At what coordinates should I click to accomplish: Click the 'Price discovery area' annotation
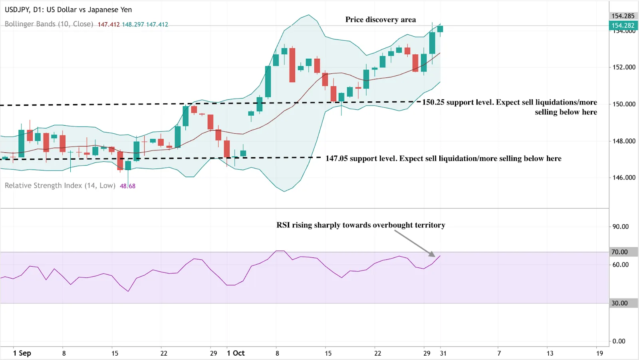pyautogui.click(x=380, y=20)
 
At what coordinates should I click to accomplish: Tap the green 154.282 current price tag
pyautogui.click(x=623, y=26)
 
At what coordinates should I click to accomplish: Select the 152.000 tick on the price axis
pyautogui.click(x=624, y=67)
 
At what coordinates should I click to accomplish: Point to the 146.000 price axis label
pyautogui.click(x=624, y=178)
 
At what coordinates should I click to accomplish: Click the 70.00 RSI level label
pyautogui.click(x=619, y=252)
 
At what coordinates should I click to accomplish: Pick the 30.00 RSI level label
pyautogui.click(x=619, y=303)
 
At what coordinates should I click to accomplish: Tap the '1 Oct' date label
pyautogui.click(x=236, y=353)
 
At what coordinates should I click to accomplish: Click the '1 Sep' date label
pyautogui.click(x=22, y=353)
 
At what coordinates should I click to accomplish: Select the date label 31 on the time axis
pyautogui.click(x=443, y=353)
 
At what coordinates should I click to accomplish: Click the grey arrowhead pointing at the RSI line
pyautogui.click(x=432, y=254)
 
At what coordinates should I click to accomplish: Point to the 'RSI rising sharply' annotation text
pyautogui.click(x=361, y=225)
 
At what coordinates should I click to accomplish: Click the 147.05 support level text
pyautogui.click(x=443, y=158)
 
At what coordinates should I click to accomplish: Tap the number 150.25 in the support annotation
pyautogui.click(x=433, y=102)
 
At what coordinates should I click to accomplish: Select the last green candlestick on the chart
pyautogui.click(x=440, y=29)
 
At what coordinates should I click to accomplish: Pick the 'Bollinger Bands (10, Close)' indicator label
pyautogui.click(x=49, y=24)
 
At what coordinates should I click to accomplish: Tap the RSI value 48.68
pyautogui.click(x=127, y=186)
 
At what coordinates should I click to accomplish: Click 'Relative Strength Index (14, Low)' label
pyautogui.click(x=60, y=186)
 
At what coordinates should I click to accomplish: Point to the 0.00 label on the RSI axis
pyautogui.click(x=619, y=341)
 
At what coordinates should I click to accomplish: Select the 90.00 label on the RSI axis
pyautogui.click(x=620, y=227)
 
